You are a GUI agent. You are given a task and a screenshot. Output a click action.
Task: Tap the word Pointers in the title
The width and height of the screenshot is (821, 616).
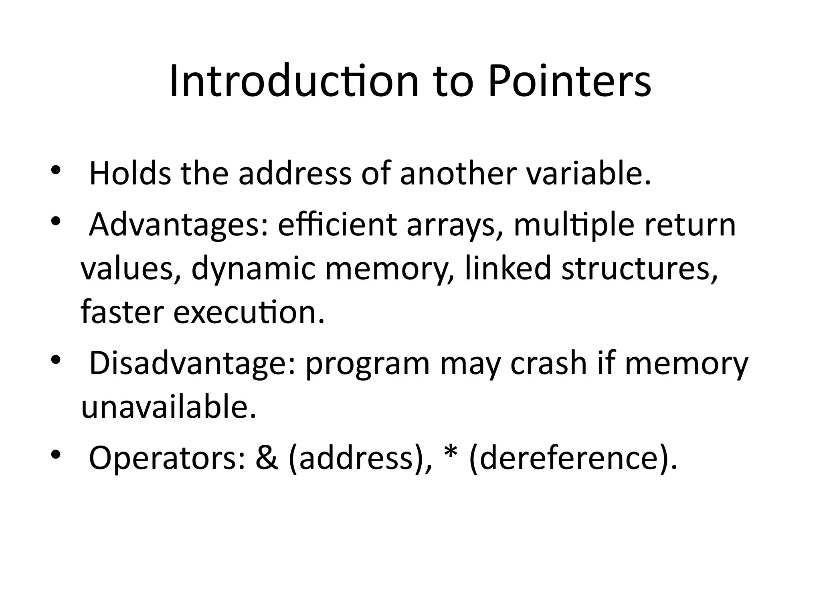[569, 82]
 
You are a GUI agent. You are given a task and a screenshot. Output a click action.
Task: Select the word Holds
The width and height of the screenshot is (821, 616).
[129, 174]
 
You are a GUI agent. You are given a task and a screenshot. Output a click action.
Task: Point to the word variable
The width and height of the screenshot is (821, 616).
[588, 174]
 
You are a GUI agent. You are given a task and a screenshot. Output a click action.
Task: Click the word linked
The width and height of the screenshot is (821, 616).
[508, 268]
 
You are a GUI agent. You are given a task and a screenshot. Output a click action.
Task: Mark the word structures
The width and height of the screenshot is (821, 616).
[639, 269]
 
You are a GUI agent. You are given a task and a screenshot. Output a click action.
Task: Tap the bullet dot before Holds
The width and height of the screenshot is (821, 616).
[55, 170]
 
